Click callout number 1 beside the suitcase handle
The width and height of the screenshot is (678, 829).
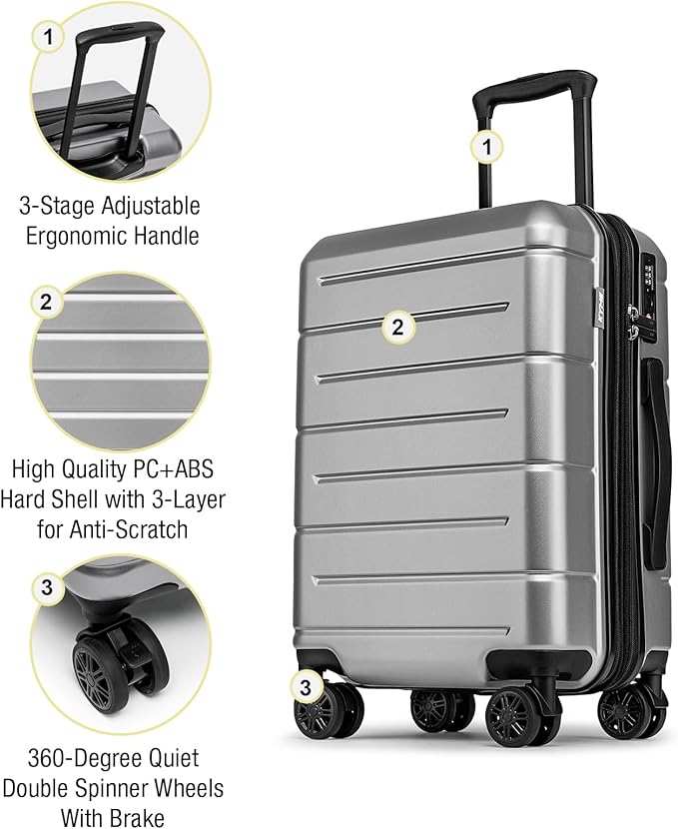point(487,148)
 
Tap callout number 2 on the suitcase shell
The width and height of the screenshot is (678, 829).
point(397,326)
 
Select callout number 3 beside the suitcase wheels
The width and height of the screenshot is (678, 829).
point(307,686)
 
